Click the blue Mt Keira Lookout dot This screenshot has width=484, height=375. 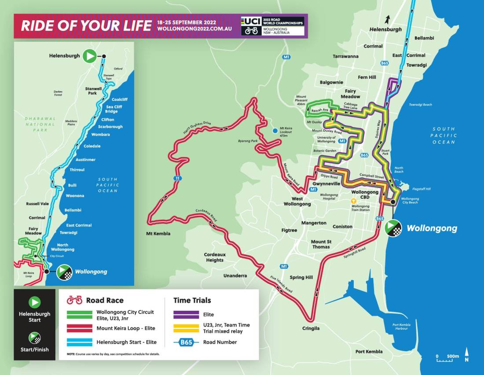click(x=275, y=130)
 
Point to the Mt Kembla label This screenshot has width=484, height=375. click(x=158, y=233)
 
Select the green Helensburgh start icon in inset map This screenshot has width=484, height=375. click(x=90, y=56)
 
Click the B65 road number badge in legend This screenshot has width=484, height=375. click(x=187, y=342)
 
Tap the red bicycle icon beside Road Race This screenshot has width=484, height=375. click(x=74, y=300)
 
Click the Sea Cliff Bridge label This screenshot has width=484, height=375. click(x=114, y=109)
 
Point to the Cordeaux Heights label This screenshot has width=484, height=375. click(x=215, y=257)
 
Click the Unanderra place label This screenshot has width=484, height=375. click(x=235, y=276)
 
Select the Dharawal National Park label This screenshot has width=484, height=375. click(x=40, y=124)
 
